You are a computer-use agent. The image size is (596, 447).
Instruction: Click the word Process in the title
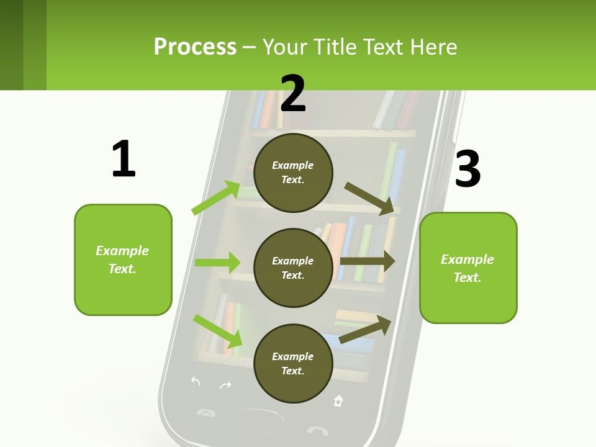point(195,47)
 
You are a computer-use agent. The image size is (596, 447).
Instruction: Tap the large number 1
point(124,159)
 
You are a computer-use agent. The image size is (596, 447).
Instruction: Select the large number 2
point(293,94)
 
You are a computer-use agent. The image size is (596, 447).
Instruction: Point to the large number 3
point(468,169)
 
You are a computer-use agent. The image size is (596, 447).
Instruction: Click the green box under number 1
point(123,260)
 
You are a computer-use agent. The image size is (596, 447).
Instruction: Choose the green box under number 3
point(468,268)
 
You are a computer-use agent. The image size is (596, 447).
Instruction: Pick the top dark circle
point(293,172)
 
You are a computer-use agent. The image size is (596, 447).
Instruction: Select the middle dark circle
point(293,268)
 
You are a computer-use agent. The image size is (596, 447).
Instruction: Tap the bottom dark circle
point(293,363)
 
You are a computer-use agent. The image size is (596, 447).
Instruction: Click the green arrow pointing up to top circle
point(216,198)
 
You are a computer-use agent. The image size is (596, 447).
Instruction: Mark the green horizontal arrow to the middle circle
point(217,263)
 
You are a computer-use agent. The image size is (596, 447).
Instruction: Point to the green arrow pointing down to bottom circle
point(218,331)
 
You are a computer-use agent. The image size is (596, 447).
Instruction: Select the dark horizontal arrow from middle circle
point(368,261)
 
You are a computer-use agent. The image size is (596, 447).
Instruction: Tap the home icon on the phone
point(338,400)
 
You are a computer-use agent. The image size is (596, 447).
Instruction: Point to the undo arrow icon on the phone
point(196,381)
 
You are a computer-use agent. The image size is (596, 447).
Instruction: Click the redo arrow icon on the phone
point(225,386)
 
